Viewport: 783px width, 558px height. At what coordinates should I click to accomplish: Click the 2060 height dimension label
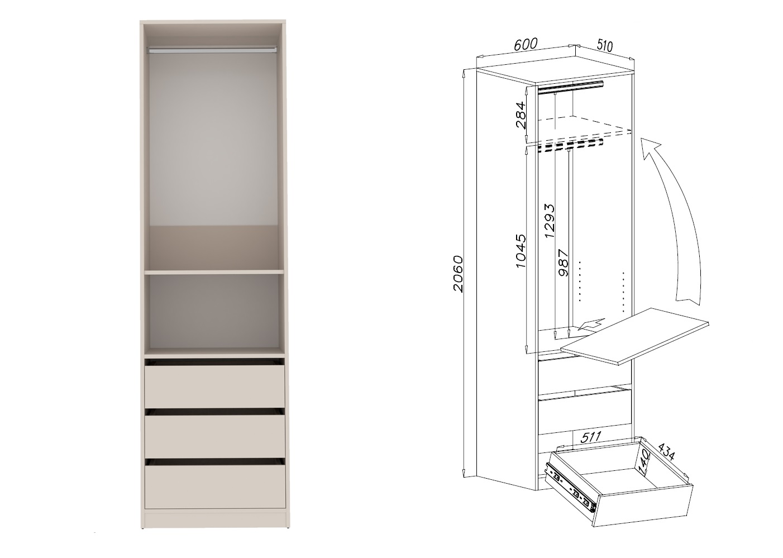[x=457, y=274]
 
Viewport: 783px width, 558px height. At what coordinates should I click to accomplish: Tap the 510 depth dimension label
[x=605, y=45]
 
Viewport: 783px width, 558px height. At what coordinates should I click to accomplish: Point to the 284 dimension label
[x=521, y=115]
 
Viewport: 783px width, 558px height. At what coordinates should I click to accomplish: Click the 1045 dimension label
[x=521, y=251]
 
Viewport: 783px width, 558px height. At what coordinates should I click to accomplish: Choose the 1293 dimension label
[x=550, y=221]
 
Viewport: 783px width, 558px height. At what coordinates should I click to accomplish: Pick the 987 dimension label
[x=564, y=263]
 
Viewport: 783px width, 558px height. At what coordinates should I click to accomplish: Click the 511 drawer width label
[x=590, y=437]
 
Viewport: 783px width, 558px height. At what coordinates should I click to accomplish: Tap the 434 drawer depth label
[x=666, y=452]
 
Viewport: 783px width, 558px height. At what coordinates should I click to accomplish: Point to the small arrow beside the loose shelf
[x=591, y=324]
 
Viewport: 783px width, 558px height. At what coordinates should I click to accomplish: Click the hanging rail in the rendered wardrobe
[x=213, y=50]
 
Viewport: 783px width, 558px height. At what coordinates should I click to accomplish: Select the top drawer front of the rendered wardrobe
[x=214, y=387]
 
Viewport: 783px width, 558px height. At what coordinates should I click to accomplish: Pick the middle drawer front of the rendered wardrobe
[x=214, y=436]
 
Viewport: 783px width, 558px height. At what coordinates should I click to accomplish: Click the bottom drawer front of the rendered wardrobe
[x=215, y=487]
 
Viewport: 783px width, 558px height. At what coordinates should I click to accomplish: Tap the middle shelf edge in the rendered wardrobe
[x=214, y=271]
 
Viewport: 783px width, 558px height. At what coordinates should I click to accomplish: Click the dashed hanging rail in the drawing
[x=570, y=146]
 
